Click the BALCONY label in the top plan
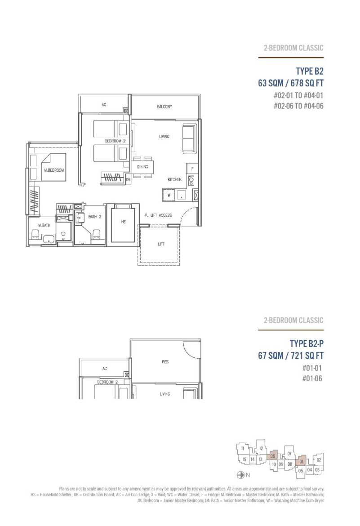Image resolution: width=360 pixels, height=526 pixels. coord(164,107)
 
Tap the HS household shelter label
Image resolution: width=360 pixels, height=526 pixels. coord(123,221)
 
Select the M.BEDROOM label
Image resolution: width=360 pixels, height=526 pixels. coord(54,170)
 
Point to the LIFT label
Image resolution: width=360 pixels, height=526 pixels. coord(161,244)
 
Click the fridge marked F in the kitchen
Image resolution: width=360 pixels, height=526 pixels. coord(192,169)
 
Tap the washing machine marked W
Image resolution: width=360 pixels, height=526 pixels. coord(169,195)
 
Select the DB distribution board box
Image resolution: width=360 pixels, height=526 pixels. coord(128,180)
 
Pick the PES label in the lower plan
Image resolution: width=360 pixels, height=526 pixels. coord(165,361)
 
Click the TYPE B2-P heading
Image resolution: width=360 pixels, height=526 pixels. coord(307,343)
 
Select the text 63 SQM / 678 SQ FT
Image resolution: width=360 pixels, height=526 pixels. coord(290,83)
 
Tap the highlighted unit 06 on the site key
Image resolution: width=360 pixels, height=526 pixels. coord(272,456)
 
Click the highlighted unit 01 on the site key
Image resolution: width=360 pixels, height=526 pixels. coord(301,461)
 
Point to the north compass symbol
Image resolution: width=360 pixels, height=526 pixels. coord(240,475)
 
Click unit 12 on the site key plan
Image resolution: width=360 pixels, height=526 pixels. coord(261,449)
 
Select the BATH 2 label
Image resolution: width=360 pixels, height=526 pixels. coord(95,217)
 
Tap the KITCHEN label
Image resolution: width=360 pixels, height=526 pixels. coord(174,179)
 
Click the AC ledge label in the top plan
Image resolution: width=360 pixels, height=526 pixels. coord(104,105)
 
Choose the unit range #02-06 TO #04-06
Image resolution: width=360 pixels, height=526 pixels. coord(298,106)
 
